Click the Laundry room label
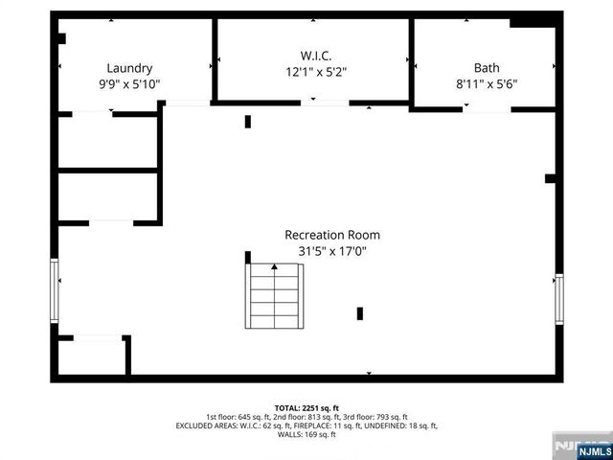[129, 68]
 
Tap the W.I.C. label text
[314, 56]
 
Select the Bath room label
[486, 68]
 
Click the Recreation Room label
[331, 235]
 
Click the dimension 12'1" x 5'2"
[314, 72]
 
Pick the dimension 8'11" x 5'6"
[486, 83]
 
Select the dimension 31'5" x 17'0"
[331, 251]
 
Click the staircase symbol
[275, 295]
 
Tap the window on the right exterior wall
[559, 298]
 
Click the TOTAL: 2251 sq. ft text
[306, 407]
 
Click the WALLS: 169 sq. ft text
[306, 434]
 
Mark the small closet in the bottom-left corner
[91, 357]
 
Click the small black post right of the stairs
[360, 312]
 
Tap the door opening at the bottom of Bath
[486, 111]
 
